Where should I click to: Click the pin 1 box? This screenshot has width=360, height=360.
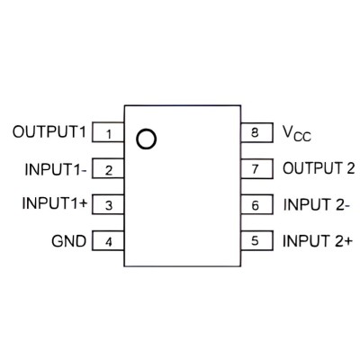(108, 132)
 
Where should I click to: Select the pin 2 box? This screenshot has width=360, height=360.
(108, 168)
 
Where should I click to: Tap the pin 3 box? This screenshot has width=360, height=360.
(108, 204)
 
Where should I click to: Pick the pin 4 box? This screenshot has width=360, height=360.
(108, 240)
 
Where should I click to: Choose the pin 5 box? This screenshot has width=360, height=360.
(257, 240)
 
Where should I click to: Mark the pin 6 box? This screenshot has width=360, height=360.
(257, 204)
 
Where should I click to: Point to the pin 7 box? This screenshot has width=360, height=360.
(257, 168)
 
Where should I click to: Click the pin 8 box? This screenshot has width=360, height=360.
(257, 132)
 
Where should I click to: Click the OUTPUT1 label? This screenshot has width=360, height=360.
(49, 131)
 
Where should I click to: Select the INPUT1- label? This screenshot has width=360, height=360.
(56, 169)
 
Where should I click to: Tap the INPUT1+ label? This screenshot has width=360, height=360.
(55, 203)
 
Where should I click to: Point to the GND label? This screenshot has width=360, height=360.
(68, 241)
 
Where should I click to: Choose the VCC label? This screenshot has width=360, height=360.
(297, 133)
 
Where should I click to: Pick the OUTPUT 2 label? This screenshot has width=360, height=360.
(319, 168)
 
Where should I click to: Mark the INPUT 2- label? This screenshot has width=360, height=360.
(317, 205)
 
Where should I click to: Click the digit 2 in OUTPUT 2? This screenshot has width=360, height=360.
(350, 168)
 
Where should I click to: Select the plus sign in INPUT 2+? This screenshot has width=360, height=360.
(347, 242)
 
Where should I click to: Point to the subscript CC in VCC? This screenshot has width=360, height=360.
(302, 137)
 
